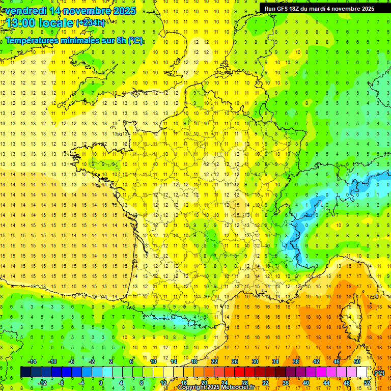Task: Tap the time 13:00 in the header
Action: (23, 23)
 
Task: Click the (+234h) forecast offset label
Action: (91, 22)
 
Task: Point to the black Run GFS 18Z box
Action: (319, 8)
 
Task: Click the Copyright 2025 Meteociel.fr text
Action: (216, 387)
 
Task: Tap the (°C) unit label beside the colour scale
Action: (379, 373)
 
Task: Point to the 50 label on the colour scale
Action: (357, 361)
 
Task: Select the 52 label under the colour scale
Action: (367, 383)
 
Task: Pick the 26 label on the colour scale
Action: (235, 361)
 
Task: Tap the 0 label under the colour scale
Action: (101, 383)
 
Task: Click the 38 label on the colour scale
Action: (296, 361)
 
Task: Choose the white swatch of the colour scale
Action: (361, 372)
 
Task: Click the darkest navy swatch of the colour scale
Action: (25, 372)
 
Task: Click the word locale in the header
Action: (58, 23)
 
